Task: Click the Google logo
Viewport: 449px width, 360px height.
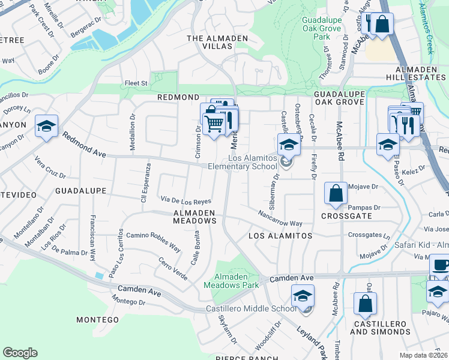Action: tap(20, 353)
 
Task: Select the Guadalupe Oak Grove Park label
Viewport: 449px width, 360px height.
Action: tap(322, 28)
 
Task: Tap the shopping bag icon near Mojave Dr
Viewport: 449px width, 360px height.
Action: tap(336, 193)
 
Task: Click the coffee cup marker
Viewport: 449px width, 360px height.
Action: tap(440, 264)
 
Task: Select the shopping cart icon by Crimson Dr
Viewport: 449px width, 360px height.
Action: tap(214, 124)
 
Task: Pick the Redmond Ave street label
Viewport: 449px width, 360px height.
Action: tap(83, 146)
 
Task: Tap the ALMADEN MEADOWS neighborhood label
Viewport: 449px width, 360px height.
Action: tap(194, 217)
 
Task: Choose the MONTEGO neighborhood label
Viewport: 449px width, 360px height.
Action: tap(98, 320)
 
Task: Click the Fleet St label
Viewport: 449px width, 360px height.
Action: tap(136, 83)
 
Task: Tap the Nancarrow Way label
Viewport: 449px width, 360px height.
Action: tap(280, 218)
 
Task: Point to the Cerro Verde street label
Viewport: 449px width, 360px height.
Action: tap(172, 268)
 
